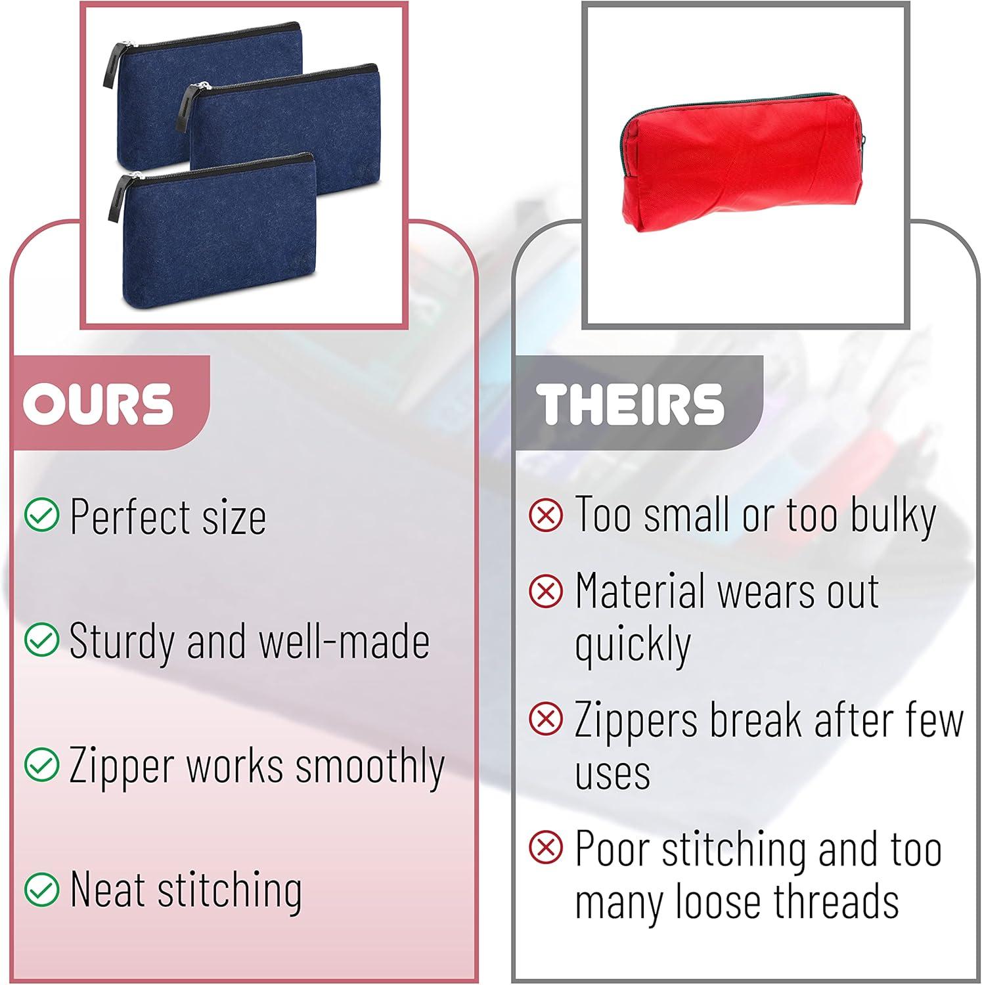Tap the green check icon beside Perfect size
[41, 515]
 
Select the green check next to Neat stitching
[41, 889]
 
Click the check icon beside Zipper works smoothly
[41, 764]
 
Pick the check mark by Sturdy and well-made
[41, 640]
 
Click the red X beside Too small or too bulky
[546, 515]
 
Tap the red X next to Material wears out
[546, 591]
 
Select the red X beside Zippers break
[546, 719]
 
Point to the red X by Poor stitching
[546, 847]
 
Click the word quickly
[633, 645]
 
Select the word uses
[612, 774]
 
